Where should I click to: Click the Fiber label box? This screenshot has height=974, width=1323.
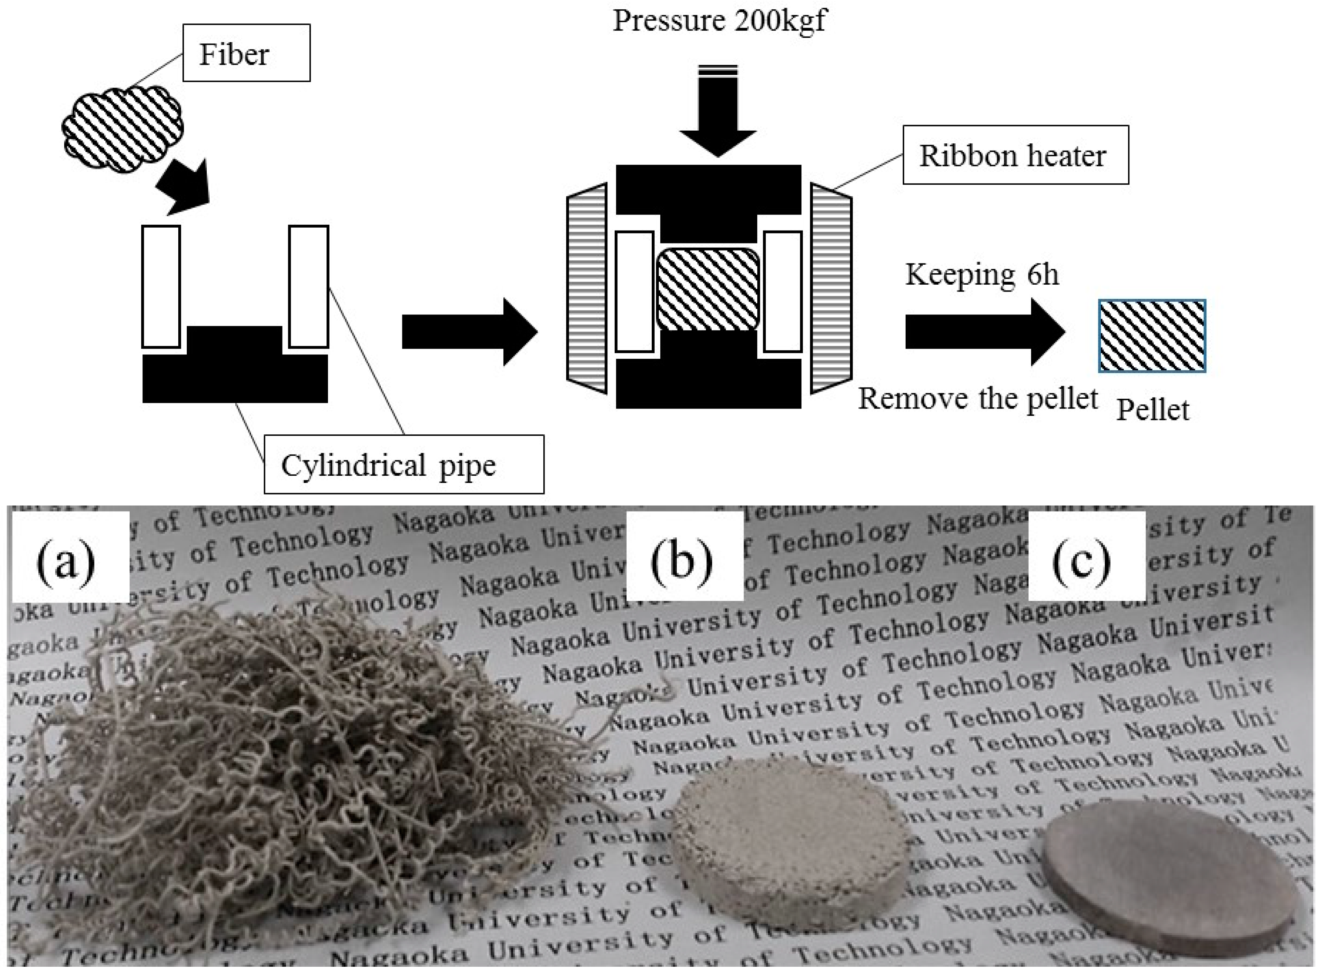point(246,53)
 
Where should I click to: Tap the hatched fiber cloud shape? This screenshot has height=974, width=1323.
point(123,129)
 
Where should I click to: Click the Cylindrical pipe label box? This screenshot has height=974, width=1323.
point(403,465)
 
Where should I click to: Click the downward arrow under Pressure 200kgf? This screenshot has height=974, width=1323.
point(717,112)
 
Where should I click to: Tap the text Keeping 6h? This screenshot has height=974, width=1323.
point(981,274)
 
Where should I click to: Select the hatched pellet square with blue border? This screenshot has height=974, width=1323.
point(1152,336)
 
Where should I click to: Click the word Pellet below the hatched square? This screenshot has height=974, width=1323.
point(1152,410)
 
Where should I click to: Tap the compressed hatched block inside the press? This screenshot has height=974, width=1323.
point(708,289)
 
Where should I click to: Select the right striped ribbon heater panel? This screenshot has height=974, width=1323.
point(831,288)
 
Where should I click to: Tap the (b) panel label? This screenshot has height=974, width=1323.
point(682,560)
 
